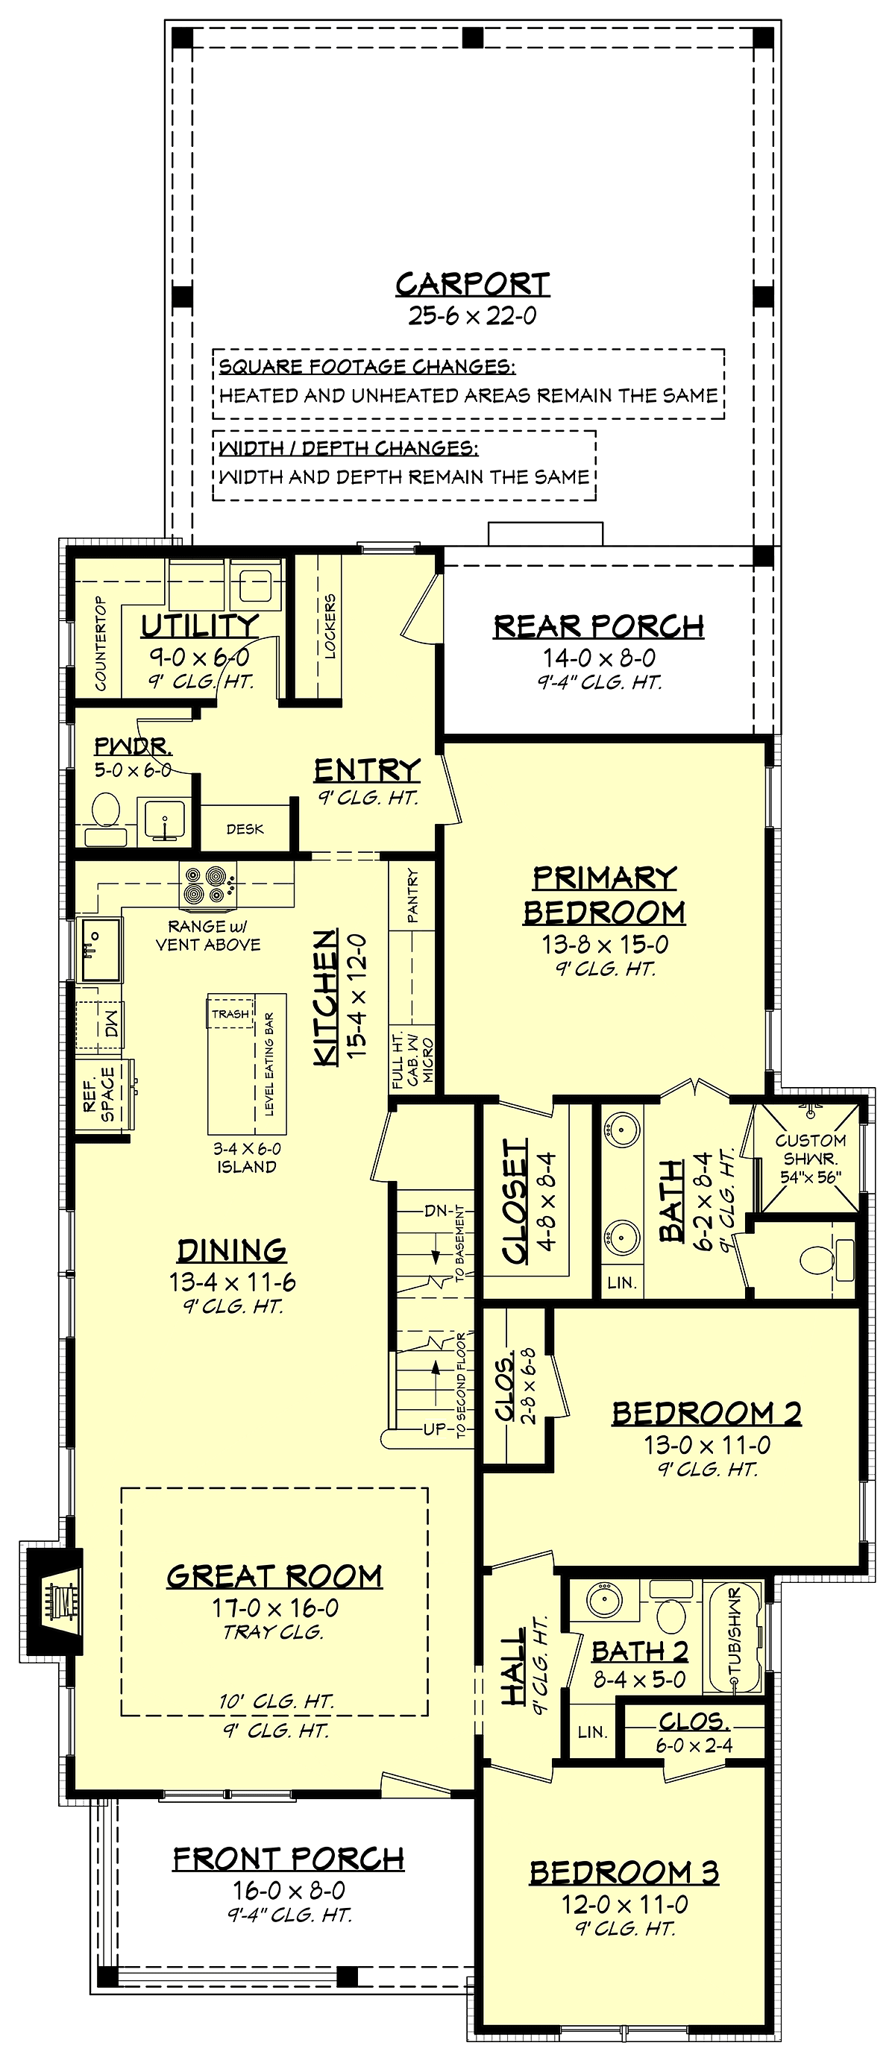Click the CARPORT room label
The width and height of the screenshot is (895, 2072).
point(472,284)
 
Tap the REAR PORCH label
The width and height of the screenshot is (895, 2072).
point(599,626)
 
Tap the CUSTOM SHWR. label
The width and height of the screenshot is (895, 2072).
point(811,1150)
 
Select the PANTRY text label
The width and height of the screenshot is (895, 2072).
point(412,895)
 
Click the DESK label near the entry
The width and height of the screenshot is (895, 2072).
point(245,828)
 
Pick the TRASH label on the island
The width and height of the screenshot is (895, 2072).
point(231,1013)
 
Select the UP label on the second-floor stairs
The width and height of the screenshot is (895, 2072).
point(435,1429)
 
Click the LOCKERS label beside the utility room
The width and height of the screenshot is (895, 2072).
point(330,626)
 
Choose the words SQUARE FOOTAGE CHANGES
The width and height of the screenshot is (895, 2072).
point(367,367)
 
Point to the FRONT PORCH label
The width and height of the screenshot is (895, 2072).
point(289,1859)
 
